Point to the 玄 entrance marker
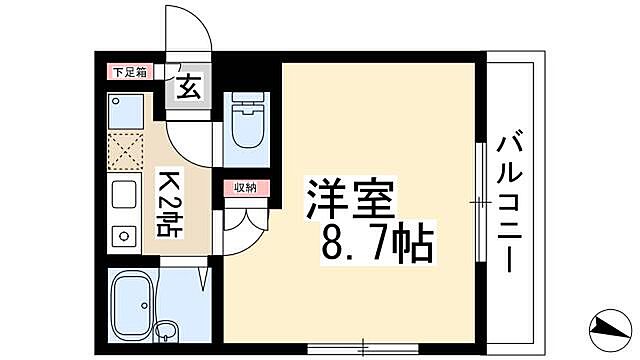tap(189, 86)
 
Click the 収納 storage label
tap(246, 187)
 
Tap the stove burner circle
tap(124, 236)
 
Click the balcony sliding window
tap(481, 201)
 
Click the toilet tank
tap(245, 102)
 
